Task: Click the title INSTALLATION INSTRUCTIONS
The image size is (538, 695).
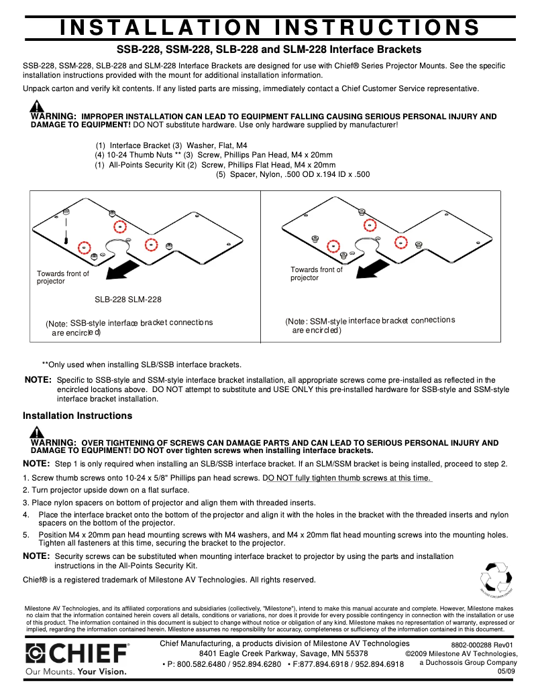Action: tap(269, 27)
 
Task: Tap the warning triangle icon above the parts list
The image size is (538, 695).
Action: tap(37, 106)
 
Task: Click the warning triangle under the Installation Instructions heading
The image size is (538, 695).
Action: tap(37, 432)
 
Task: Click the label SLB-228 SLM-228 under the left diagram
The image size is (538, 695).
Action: tap(127, 300)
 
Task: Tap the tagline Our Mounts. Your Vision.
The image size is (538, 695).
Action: tap(76, 670)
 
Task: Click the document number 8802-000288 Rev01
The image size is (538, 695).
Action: tap(482, 645)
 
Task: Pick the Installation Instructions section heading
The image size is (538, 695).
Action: tap(77, 416)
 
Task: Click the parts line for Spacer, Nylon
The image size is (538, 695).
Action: tap(292, 174)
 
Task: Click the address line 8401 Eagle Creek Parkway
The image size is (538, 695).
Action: tap(283, 653)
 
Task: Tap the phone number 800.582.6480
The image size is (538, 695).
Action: tap(200, 664)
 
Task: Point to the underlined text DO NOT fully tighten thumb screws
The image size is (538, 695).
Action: tap(347, 478)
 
